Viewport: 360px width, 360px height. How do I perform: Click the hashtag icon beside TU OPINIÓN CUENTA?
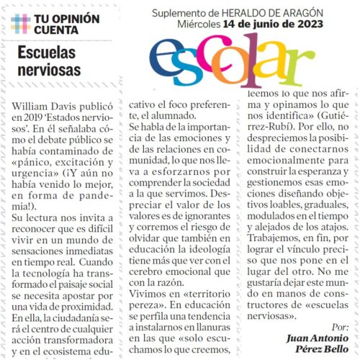[20, 22]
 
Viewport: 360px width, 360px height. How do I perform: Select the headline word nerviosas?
[48, 72]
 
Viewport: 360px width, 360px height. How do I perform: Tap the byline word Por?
[342, 326]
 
